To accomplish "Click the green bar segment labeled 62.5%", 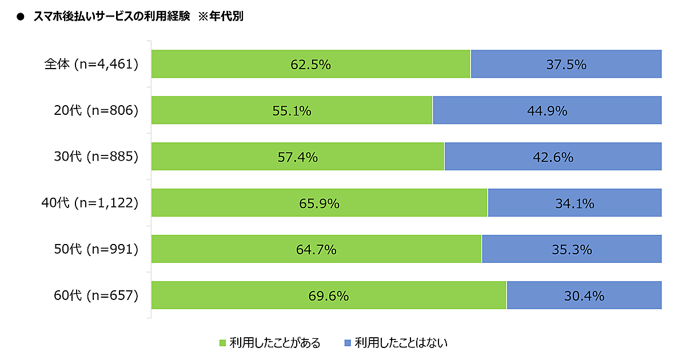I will [x=310, y=64].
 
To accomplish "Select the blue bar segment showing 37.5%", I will [x=566, y=64].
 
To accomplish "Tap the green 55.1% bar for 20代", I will [x=292, y=110].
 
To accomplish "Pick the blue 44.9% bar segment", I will [x=547, y=110].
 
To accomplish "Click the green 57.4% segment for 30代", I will [x=297, y=157].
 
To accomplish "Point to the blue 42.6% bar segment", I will [x=553, y=157].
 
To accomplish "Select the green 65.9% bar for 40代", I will [x=319, y=203].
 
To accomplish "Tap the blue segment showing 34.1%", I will [x=575, y=203].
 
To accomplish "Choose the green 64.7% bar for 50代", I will [x=316, y=249].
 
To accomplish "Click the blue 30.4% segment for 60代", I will [x=584, y=295].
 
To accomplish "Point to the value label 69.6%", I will [x=329, y=296].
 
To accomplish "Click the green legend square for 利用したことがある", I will [x=223, y=343].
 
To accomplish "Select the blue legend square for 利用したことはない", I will [x=348, y=343].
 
